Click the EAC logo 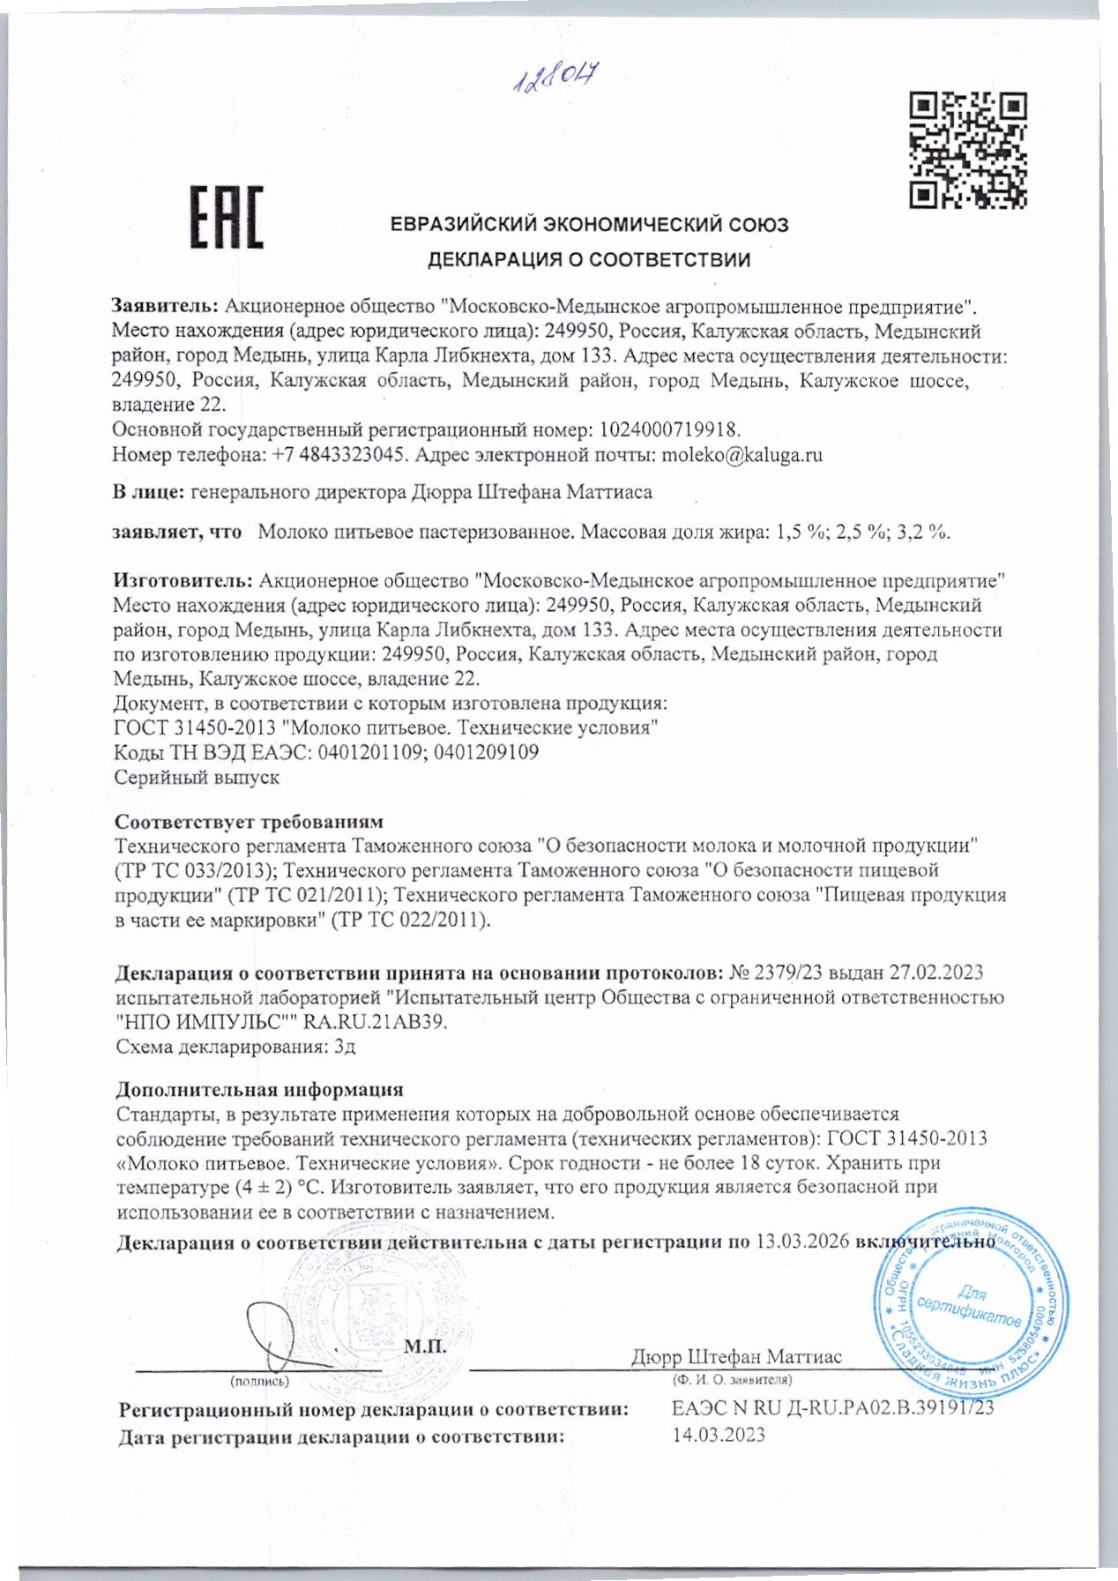[x=227, y=217]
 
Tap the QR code [x=967, y=150]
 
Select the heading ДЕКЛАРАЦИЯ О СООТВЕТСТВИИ [x=589, y=260]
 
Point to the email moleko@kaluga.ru [x=742, y=455]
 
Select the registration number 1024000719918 [x=669, y=430]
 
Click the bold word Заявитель [x=164, y=307]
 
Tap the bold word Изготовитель [x=183, y=581]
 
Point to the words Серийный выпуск [x=197, y=778]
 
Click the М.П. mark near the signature [x=425, y=1346]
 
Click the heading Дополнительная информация [x=259, y=1090]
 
